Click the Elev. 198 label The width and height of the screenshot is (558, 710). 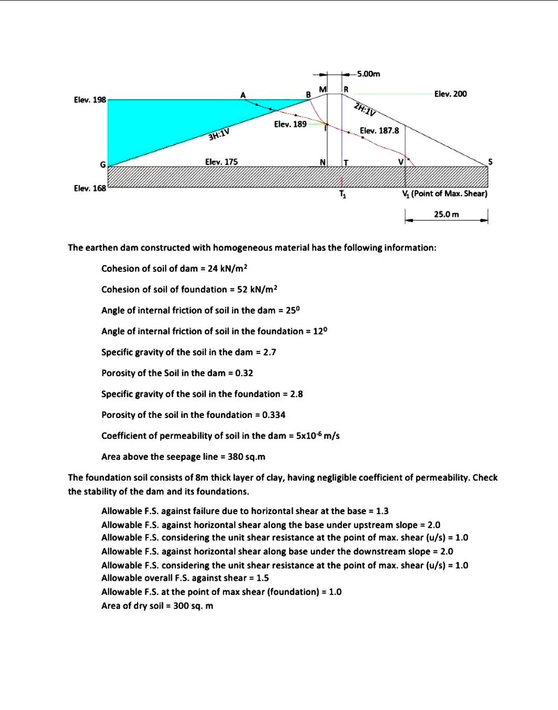pos(89,99)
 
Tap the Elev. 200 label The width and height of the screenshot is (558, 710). pos(450,94)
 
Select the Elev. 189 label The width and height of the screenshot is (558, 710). pos(290,124)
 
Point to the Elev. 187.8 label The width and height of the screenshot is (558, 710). pos(379,130)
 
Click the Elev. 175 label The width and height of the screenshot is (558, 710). pos(221,162)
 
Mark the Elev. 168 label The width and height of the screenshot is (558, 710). pos(89,188)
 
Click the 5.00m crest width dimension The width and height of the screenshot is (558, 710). pos(368,74)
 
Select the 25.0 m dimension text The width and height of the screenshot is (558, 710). pos(446,214)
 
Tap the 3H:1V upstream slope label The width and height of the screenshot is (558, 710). pos(218,135)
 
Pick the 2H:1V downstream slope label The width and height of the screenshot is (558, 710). pos(365,110)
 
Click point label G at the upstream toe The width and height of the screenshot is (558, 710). pos(102,164)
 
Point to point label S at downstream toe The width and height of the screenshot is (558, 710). pos(490,162)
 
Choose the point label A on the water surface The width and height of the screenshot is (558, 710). pos(243,95)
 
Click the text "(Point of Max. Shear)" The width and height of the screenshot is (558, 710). pos(449,193)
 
